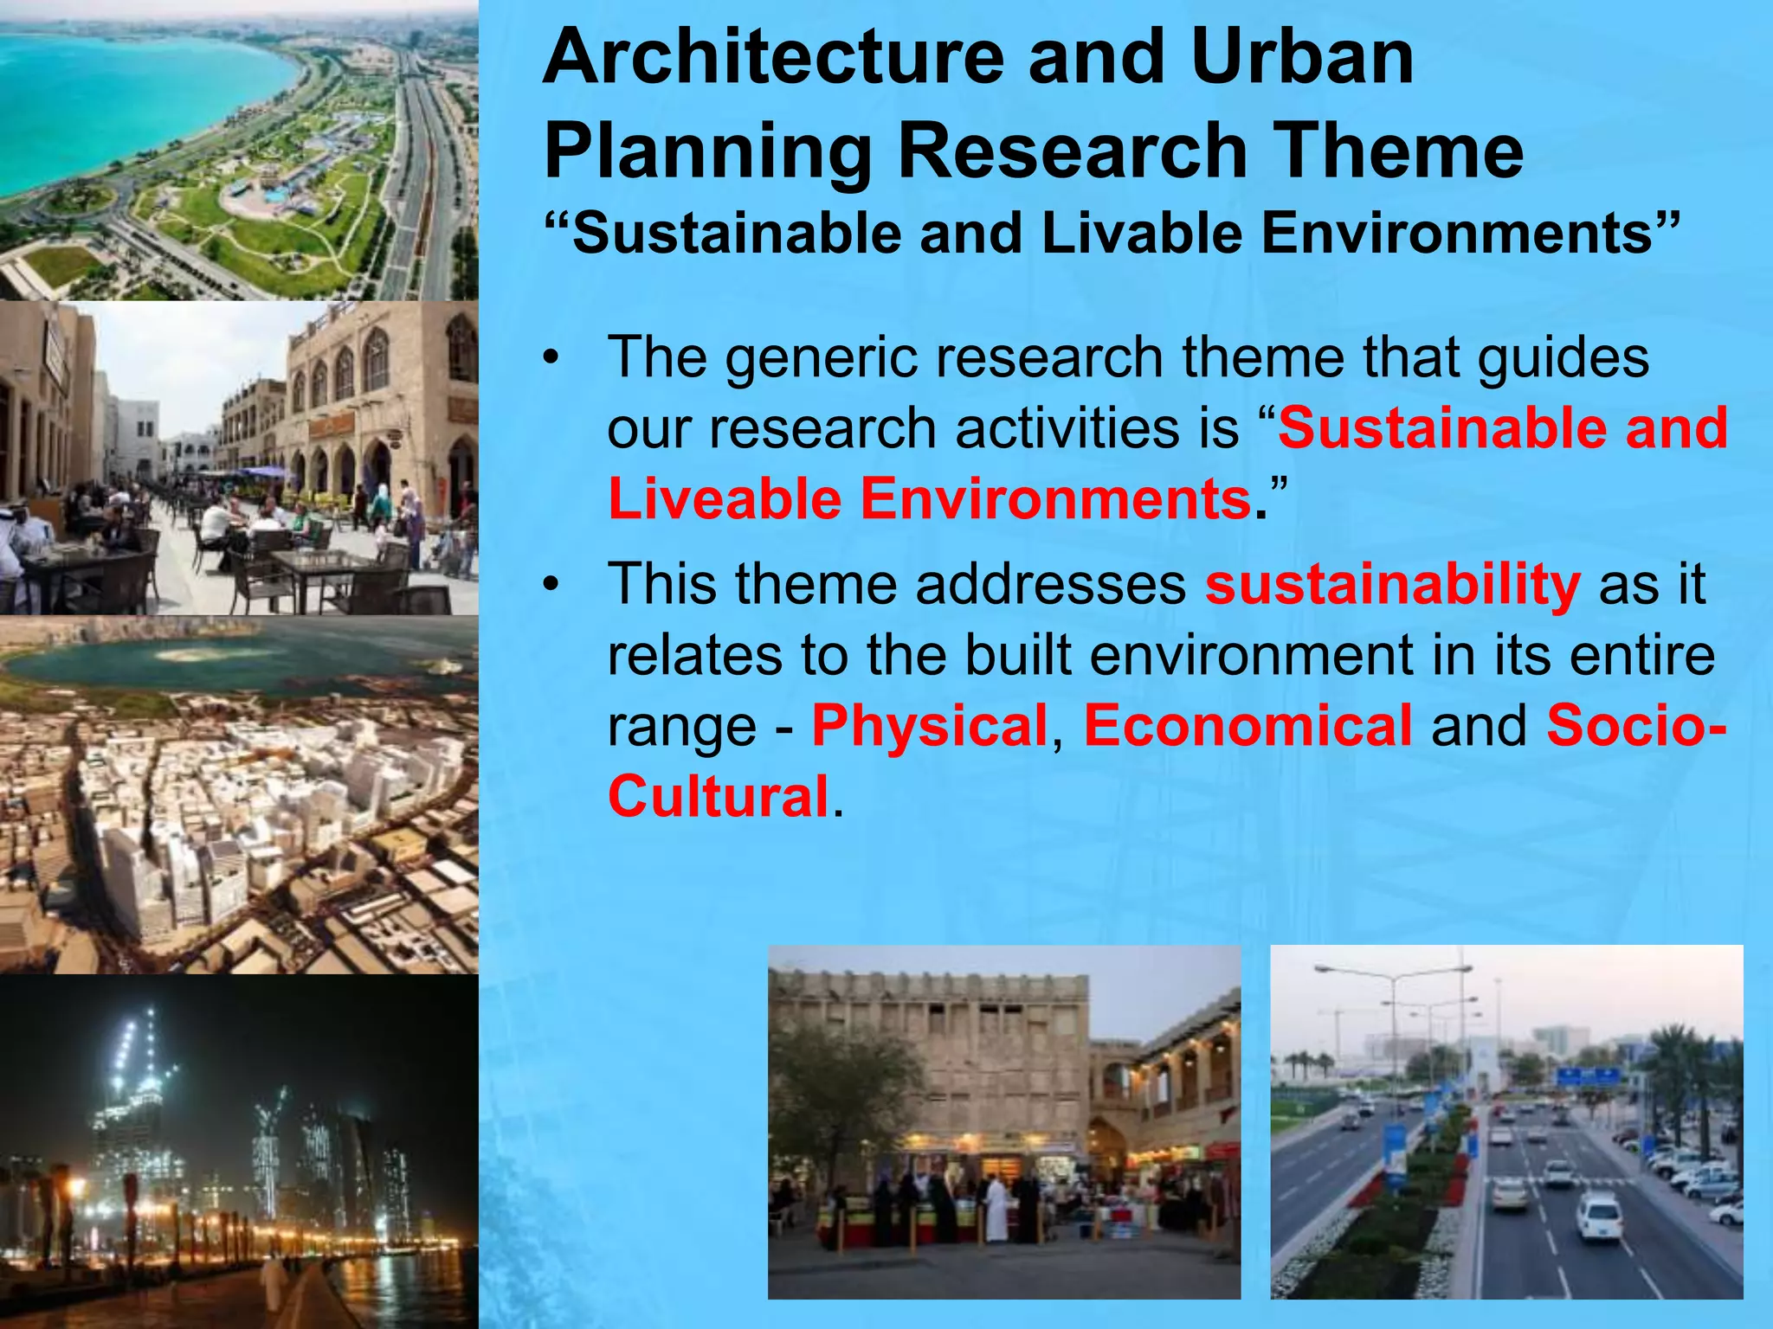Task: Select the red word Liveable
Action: pos(724,500)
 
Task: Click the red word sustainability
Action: pos(1392,585)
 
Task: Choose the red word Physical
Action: pos(929,725)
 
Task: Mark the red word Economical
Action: pos(1248,725)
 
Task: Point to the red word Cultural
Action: pos(719,796)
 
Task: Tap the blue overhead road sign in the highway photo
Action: pos(1588,1076)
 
